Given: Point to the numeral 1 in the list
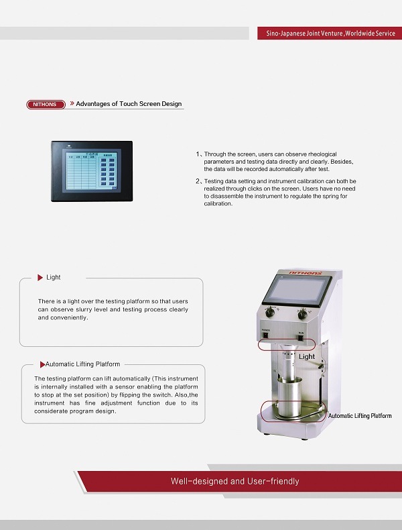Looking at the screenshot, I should click(197, 154).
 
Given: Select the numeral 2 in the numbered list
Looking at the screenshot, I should click(197, 181).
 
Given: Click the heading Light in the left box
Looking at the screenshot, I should click(54, 277).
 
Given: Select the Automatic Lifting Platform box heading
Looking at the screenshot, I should click(82, 364).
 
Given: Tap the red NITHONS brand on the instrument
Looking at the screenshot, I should click(306, 274).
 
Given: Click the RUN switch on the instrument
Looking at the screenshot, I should click(301, 333).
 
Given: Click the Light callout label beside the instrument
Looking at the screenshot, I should click(307, 356).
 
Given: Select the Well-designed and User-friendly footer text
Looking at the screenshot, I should click(235, 481).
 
